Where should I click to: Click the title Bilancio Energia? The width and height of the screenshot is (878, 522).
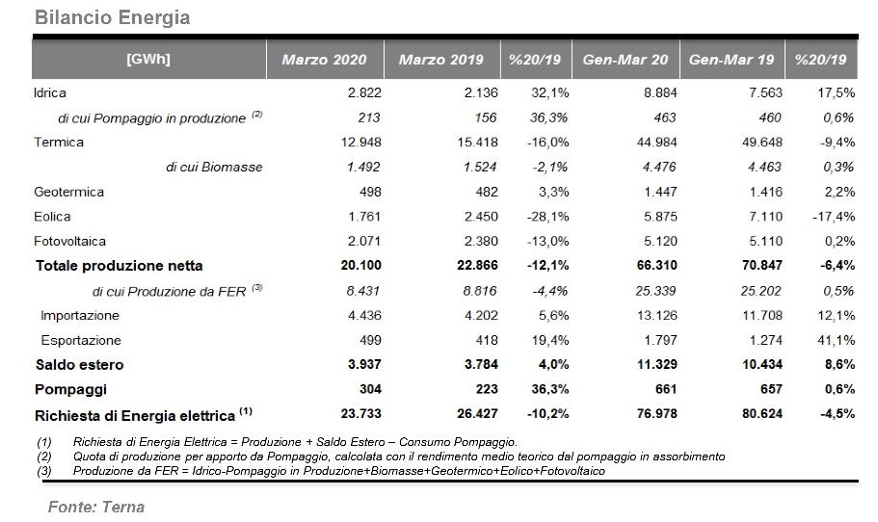point(112,17)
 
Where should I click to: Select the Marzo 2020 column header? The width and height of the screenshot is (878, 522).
point(324,60)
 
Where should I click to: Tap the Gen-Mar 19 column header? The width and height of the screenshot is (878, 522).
point(732,60)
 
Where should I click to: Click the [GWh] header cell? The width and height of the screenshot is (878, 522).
point(148,59)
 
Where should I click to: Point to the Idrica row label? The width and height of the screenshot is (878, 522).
point(50,92)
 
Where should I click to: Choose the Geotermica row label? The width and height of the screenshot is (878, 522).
point(68,192)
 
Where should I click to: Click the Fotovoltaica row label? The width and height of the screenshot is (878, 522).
point(70,241)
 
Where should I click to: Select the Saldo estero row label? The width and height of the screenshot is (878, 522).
point(80,365)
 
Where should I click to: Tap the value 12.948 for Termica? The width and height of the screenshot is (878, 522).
point(361,143)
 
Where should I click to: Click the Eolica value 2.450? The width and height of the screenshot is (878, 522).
point(481,217)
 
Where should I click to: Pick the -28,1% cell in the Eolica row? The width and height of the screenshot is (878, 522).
point(548,217)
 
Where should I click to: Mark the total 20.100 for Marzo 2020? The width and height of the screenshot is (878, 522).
point(361,265)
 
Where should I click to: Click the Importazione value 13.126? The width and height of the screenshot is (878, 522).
point(657,316)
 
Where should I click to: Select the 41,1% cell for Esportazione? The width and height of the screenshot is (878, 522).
point(837,340)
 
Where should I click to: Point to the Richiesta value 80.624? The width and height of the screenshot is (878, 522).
point(762,414)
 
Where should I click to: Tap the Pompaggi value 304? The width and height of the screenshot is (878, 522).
point(371,389)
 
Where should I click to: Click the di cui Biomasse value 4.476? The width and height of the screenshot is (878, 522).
point(658,167)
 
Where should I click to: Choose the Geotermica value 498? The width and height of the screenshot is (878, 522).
point(371,192)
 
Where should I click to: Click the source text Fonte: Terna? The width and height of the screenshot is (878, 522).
point(96,507)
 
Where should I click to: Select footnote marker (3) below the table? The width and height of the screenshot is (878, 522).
point(44,471)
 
